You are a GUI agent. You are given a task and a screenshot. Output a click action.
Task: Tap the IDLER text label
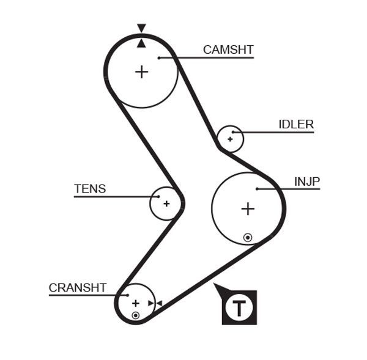296,125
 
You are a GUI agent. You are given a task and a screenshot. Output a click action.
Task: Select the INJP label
307,182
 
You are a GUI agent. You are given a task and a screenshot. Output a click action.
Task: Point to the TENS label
90,189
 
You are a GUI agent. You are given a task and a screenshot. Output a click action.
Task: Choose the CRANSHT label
78,287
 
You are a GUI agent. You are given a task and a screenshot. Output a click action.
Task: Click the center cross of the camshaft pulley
141,72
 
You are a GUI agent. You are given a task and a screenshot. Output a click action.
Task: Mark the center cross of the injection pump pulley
247,209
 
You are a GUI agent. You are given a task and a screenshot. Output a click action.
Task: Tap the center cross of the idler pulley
230,139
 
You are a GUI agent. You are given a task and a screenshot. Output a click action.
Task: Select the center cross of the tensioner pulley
166,204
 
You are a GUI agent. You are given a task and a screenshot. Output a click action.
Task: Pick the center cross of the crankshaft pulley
136,303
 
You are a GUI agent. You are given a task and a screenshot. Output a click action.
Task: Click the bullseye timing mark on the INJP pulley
248,237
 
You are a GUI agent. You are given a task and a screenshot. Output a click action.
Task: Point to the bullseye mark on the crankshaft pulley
135,315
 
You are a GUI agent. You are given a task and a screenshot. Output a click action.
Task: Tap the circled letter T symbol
239,307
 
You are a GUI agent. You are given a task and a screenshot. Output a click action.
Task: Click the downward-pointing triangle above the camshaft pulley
141,28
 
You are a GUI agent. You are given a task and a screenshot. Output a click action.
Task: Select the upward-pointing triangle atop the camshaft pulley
141,42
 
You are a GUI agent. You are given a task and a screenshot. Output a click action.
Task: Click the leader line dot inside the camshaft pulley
158,58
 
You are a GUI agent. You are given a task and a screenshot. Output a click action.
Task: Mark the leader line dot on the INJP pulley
258,189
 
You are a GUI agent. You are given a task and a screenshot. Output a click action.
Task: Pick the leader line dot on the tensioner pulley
158,197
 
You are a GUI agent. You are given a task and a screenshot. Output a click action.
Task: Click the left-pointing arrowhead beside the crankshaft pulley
158,303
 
